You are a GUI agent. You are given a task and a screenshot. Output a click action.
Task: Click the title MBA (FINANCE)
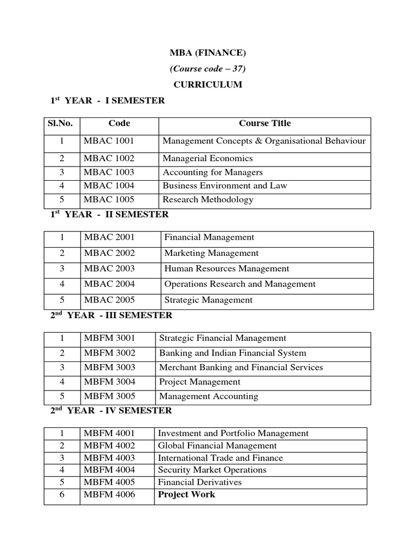209,52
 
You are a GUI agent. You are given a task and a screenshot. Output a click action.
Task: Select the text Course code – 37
209,69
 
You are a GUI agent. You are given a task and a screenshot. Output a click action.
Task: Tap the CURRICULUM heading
208,85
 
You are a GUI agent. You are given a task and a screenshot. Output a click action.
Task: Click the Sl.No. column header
61,123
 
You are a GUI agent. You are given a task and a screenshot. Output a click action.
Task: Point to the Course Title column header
264,123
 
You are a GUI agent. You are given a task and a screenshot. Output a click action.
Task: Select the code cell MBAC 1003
109,172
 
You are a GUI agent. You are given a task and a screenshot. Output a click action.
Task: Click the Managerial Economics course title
207,159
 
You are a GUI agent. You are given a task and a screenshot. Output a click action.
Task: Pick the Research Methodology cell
208,199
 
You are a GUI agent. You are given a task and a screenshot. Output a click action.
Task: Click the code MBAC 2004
109,284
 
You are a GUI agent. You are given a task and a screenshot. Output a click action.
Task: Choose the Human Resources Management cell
226,268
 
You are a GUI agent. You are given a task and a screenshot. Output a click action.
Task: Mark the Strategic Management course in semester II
209,300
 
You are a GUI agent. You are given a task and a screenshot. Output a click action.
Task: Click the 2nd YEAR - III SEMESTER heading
111,315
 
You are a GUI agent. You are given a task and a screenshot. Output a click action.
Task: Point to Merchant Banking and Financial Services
240,367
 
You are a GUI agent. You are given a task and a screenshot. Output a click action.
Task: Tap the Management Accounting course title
209,396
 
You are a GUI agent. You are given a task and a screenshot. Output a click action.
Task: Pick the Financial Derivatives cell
199,482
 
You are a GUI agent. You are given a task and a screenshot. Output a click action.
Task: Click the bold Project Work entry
186,494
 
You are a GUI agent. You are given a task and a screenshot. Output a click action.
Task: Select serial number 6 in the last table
62,494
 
